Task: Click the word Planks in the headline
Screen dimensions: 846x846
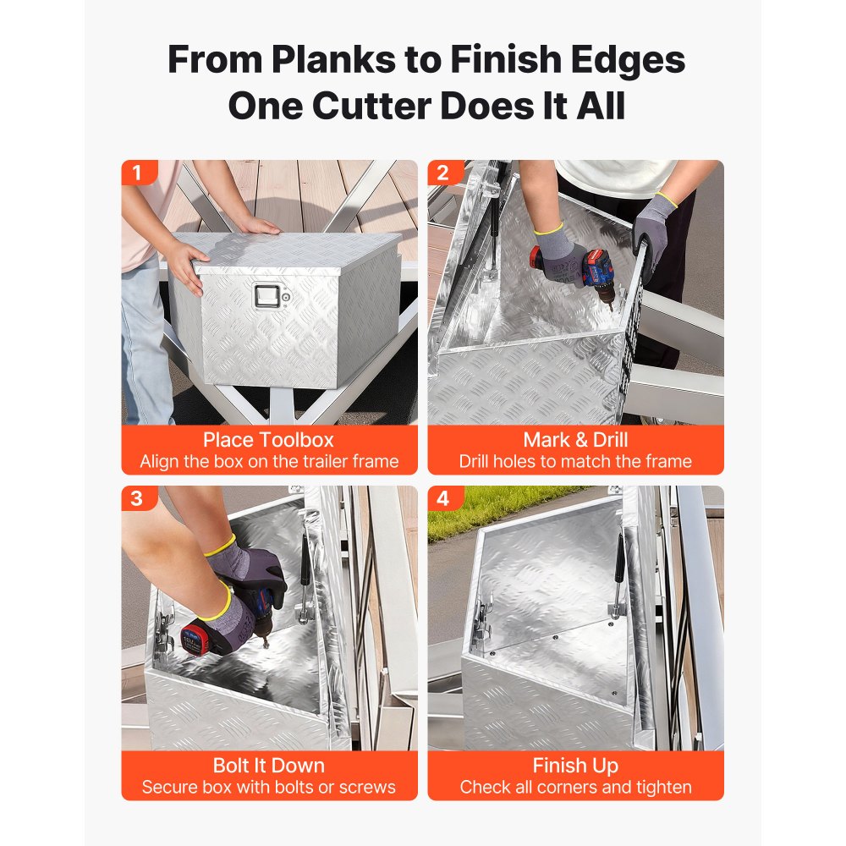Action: click(x=334, y=59)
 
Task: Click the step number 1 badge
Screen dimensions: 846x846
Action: click(x=138, y=173)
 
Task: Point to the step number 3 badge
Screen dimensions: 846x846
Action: click(x=138, y=498)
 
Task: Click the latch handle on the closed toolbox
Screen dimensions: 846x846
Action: click(x=268, y=297)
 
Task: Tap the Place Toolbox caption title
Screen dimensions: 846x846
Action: click(x=269, y=440)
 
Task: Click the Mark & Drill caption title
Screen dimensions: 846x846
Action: click(x=575, y=440)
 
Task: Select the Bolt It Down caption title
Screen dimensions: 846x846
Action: click(x=269, y=766)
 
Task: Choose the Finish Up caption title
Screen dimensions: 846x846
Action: click(x=575, y=766)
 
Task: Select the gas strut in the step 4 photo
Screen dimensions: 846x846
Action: click(x=619, y=572)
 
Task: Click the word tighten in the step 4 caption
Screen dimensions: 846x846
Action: click(x=663, y=788)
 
